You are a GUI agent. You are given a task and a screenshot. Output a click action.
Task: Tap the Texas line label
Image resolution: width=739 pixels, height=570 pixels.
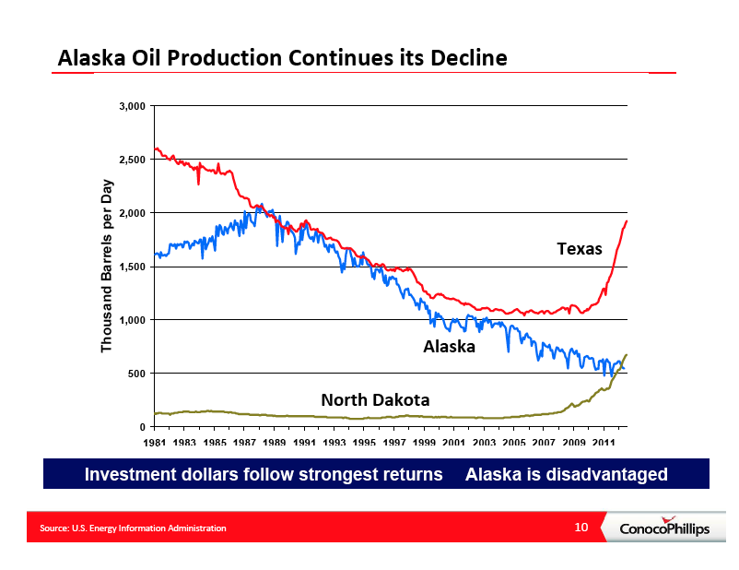(x=580, y=249)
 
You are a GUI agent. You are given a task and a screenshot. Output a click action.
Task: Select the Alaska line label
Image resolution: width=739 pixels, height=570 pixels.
(x=449, y=347)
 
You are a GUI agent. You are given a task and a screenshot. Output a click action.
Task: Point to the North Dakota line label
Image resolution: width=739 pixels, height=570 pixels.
(x=375, y=400)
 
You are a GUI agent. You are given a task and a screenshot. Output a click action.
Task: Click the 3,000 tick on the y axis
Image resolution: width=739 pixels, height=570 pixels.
(x=133, y=106)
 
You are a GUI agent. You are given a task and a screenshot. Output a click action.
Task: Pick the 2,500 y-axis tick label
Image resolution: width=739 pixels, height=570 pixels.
(x=133, y=160)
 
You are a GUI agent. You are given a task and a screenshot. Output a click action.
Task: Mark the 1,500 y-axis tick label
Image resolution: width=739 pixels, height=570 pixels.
(x=133, y=267)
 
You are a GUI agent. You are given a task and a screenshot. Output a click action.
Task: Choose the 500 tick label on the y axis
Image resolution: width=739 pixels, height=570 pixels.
(x=137, y=374)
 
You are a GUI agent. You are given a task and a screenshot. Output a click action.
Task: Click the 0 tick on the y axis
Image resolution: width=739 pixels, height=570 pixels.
(x=142, y=427)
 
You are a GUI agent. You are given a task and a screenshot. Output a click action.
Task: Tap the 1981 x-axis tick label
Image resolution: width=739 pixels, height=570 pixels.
(x=155, y=442)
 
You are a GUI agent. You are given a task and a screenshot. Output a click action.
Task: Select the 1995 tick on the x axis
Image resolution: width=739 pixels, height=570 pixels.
(x=364, y=442)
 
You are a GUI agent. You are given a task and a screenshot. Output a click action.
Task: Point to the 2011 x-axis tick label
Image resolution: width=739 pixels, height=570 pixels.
(x=604, y=442)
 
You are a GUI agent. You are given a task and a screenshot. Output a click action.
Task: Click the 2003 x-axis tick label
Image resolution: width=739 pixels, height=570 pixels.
(x=484, y=442)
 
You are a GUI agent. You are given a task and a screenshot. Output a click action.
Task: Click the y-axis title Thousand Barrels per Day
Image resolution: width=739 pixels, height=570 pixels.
(x=107, y=266)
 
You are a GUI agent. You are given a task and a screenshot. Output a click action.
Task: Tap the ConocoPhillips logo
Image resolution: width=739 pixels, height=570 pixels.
(x=664, y=527)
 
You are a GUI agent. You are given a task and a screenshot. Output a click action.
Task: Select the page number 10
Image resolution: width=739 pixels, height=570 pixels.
(x=581, y=527)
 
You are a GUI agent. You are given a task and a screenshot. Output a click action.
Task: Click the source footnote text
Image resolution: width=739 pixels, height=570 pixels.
(x=133, y=528)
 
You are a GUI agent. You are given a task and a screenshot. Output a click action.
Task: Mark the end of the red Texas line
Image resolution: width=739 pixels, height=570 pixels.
(x=627, y=220)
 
